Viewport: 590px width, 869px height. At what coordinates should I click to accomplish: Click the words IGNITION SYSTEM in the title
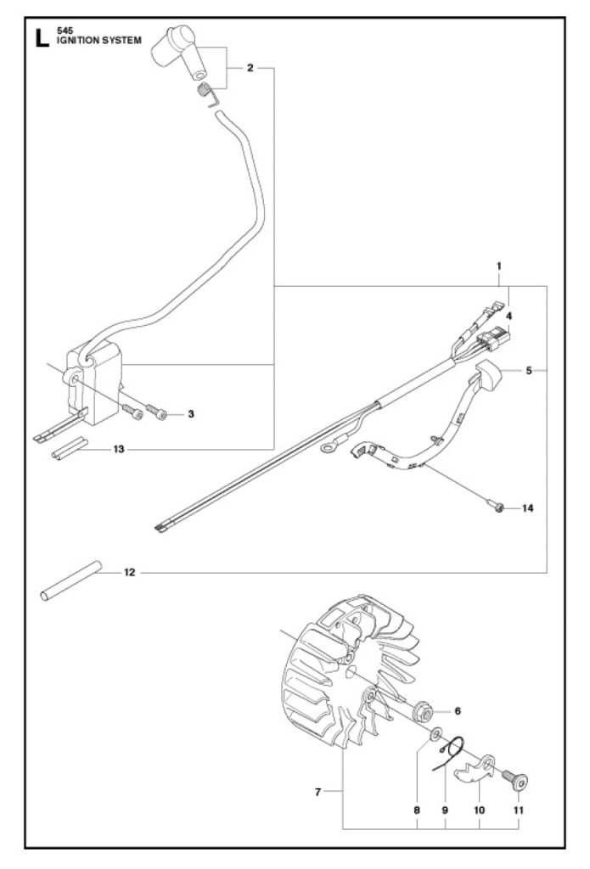(x=95, y=39)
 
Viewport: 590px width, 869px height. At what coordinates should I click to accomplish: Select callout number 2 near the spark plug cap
(x=250, y=68)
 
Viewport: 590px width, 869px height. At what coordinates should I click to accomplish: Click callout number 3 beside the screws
(x=191, y=414)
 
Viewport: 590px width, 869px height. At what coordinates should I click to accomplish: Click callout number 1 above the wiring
(x=500, y=266)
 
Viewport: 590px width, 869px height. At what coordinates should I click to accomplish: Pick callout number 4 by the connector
(x=509, y=316)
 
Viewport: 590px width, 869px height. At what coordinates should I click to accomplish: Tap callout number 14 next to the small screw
(x=527, y=508)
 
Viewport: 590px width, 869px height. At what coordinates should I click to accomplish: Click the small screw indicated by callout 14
(x=497, y=507)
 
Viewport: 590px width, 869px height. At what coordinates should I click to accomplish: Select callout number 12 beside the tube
(x=129, y=573)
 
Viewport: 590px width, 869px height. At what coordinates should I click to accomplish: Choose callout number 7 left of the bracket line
(x=317, y=793)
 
